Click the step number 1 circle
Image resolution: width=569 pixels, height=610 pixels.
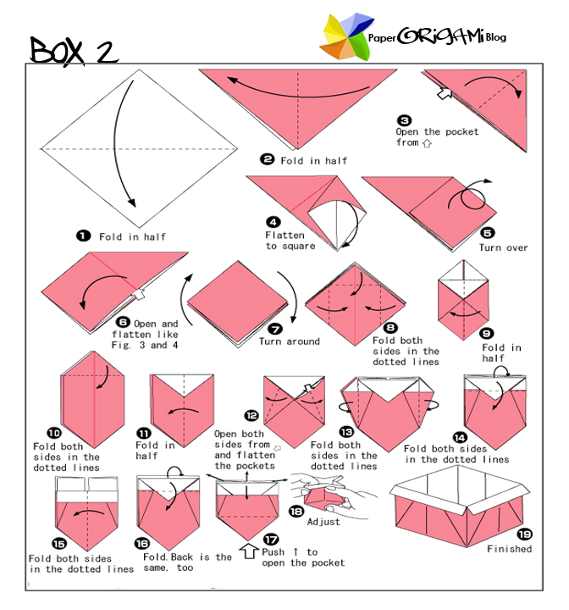click(84, 236)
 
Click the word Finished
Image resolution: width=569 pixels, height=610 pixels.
click(509, 549)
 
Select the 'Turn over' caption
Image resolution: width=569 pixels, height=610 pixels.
click(503, 247)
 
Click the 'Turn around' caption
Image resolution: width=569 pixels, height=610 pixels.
click(290, 341)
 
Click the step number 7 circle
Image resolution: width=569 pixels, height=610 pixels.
click(273, 329)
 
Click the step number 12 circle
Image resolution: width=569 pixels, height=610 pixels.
click(251, 415)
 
